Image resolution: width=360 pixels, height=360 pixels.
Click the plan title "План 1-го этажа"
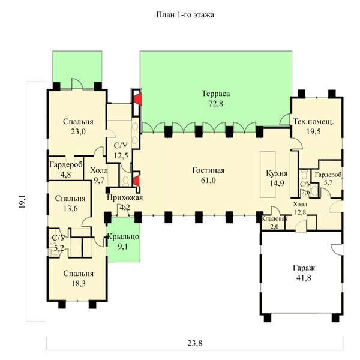coord(185,15)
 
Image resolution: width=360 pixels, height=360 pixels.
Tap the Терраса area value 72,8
coord(215,104)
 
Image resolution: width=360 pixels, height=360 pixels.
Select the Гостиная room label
coord(208,170)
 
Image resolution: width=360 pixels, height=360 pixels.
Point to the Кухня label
coord(277,173)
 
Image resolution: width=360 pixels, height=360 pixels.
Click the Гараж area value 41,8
coord(304,278)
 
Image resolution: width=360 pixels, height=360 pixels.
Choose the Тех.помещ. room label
coord(313,121)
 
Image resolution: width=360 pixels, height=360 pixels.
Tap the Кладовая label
coord(274,218)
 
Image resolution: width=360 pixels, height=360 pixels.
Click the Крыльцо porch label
coord(123,237)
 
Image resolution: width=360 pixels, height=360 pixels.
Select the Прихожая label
coord(125,197)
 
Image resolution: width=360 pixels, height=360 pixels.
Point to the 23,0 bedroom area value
coord(78,131)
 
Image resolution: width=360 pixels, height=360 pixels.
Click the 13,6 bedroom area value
coord(70,208)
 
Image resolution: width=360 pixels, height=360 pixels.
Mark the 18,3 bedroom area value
coord(78,284)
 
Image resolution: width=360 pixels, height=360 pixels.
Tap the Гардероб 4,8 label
coord(66,169)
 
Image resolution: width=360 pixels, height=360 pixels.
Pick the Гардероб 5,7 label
coord(328,178)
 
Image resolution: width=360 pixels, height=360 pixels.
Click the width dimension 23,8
coord(195,343)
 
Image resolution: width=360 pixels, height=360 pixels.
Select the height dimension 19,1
coord(22,202)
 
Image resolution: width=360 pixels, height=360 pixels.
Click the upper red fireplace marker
coord(137,99)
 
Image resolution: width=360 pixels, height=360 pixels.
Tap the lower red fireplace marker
coord(136,181)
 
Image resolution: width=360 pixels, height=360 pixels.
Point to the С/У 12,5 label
coord(121,151)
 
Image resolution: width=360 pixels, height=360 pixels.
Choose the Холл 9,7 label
coord(99,175)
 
